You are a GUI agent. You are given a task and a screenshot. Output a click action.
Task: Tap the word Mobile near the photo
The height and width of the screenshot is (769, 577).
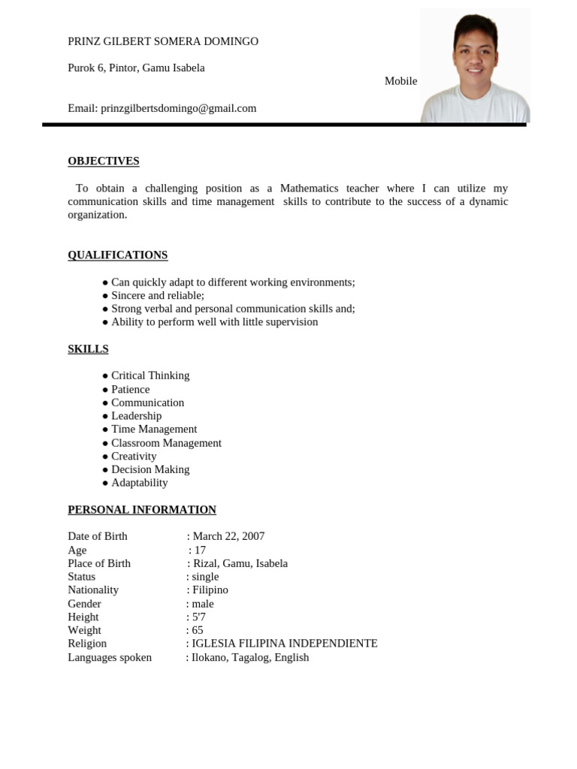click(400, 81)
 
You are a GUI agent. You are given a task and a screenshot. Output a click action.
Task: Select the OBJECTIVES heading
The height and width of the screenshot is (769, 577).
click(104, 161)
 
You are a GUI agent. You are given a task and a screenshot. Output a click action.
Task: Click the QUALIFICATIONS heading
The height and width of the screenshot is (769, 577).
click(118, 255)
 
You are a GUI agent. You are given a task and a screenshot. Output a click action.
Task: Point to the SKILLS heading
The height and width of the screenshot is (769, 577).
click(88, 348)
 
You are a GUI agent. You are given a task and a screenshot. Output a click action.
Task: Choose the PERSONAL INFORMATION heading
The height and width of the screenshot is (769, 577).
click(142, 509)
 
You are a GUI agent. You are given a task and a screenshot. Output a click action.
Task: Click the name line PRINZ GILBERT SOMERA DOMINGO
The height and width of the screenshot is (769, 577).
click(163, 41)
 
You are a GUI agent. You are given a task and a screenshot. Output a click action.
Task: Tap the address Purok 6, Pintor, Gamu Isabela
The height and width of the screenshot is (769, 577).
click(136, 68)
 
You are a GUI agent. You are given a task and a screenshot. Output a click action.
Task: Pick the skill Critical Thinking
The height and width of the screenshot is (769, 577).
click(150, 375)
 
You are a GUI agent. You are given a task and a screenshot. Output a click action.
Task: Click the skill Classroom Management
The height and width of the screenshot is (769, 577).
click(166, 443)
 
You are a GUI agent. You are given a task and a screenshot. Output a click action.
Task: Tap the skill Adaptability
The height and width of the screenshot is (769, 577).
click(140, 483)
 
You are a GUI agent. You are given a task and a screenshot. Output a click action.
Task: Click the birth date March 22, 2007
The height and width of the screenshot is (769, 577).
click(228, 536)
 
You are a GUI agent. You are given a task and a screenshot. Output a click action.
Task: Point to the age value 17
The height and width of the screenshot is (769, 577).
click(200, 550)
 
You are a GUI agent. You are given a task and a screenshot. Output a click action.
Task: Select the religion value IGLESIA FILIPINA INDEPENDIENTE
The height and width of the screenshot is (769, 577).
click(285, 644)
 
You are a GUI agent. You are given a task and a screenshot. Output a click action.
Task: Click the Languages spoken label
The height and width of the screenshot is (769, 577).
click(110, 657)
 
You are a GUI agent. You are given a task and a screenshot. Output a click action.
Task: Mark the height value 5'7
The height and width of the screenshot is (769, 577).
click(199, 617)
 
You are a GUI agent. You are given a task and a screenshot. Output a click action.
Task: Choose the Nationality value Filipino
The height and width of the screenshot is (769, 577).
click(210, 590)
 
